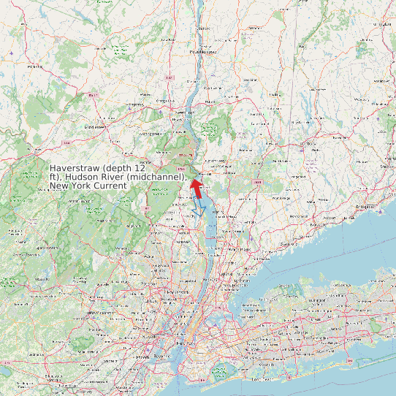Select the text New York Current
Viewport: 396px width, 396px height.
point(88,186)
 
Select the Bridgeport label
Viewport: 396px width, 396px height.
point(366,207)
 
